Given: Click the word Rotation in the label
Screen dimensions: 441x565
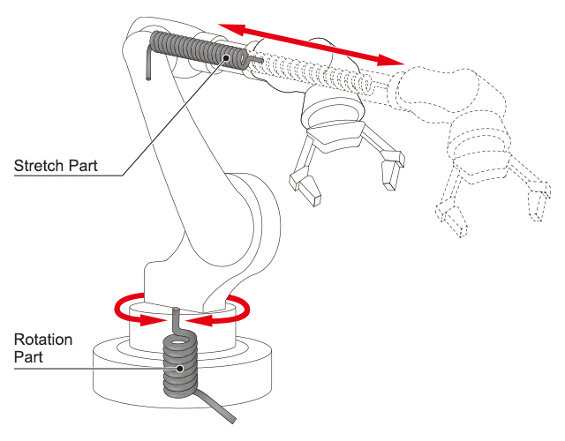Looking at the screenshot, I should pyautogui.click(x=42, y=340).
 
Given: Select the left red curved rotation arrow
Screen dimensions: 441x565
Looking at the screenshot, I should pyautogui.click(x=132, y=309).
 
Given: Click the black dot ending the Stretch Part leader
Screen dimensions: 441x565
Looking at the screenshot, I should pyautogui.click(x=226, y=57).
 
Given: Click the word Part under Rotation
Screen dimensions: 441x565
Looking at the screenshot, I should pyautogui.click(x=28, y=357).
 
